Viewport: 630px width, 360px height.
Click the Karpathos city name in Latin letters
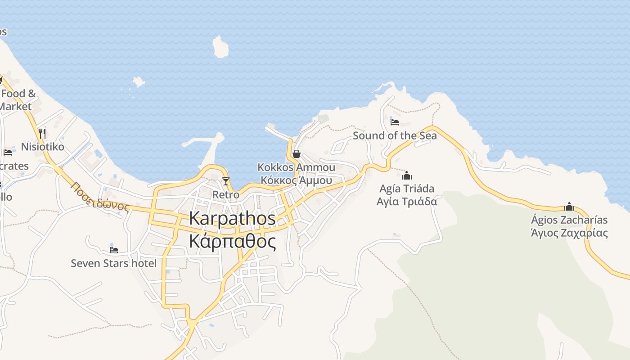pos(232,219)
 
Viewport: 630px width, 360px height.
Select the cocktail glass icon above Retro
pos(226,181)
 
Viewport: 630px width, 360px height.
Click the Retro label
pos(226,195)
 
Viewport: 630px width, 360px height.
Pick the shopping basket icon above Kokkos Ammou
pos(296,154)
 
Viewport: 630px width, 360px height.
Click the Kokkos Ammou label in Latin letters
pos(296,167)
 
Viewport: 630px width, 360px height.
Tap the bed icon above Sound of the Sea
pos(395,122)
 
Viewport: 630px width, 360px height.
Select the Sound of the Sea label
pos(395,135)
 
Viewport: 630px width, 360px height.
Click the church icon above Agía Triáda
pos(407,175)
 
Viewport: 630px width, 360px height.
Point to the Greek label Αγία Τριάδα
pos(407,201)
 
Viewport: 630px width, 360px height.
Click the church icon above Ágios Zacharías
pos(569,207)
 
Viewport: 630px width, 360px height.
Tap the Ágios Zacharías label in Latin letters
pos(569,220)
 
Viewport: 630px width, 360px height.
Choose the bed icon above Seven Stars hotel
pos(114,250)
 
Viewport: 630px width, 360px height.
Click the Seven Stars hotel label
pos(114,263)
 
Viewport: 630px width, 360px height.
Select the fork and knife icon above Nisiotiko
pos(42,133)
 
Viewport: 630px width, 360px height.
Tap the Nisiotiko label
pos(42,147)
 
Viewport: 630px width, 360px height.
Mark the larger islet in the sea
pos(220,47)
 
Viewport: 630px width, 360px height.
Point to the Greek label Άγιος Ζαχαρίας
pos(569,233)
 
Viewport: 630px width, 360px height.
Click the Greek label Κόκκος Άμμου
pos(296,180)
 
